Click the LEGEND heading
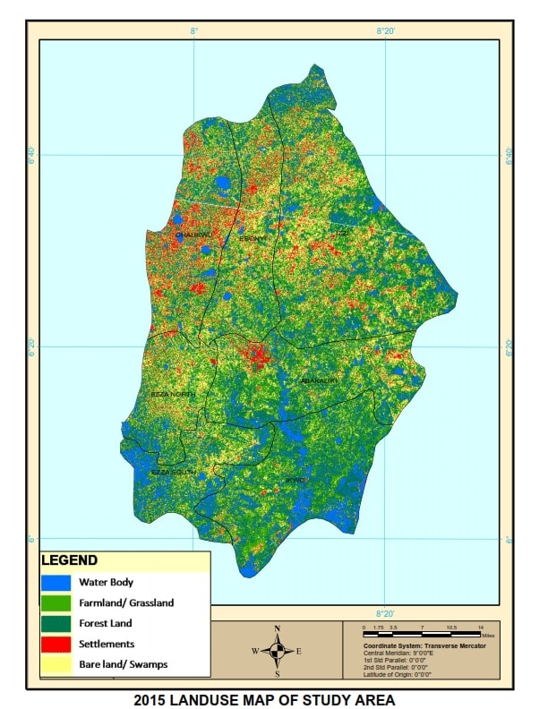point(69,561)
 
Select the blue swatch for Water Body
point(56,583)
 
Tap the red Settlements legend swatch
point(56,644)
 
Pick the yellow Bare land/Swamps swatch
point(56,664)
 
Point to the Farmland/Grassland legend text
point(126,602)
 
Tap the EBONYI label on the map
point(252,239)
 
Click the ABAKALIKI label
point(318,380)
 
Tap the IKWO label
point(295,481)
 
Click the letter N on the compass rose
point(278,628)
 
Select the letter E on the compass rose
point(298,651)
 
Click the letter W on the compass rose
point(256,651)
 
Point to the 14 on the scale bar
point(481,628)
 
